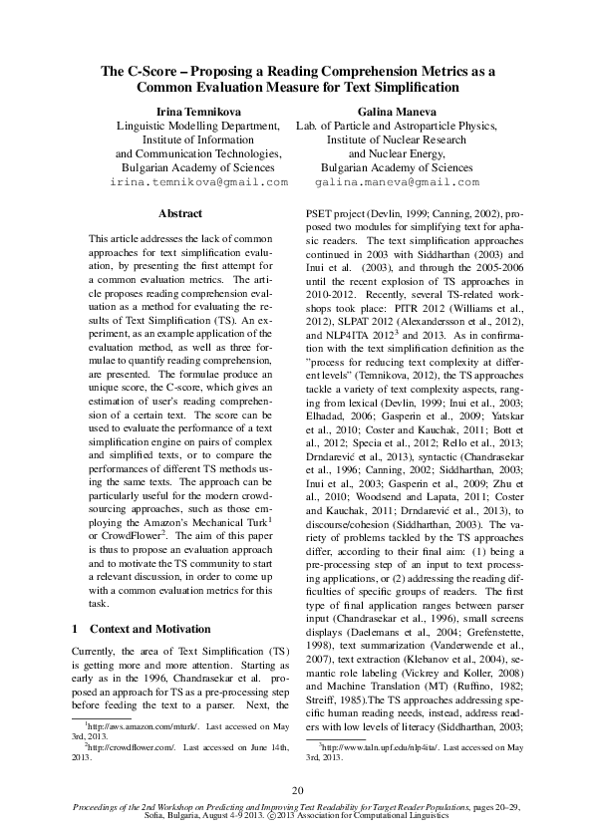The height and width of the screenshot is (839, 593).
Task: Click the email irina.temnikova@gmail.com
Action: [x=198, y=183]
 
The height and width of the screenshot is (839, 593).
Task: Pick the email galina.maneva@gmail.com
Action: [x=396, y=183]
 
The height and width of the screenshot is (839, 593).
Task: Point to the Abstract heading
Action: [x=180, y=214]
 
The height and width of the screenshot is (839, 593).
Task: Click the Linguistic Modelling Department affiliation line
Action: [x=197, y=127]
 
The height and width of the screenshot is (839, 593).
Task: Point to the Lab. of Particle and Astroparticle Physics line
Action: [x=396, y=127]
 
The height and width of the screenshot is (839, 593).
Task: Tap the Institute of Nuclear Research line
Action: [x=396, y=140]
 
